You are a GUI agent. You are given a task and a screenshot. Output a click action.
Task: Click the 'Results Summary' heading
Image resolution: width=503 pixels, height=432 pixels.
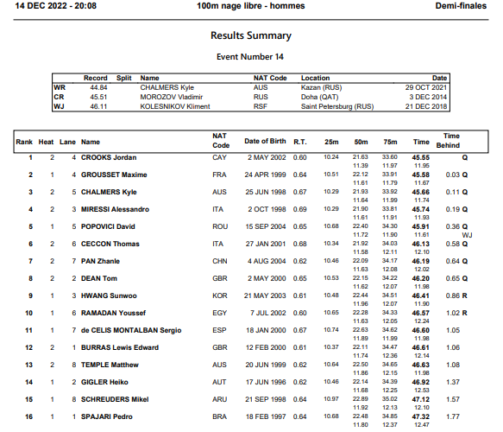pyautogui.click(x=251, y=36)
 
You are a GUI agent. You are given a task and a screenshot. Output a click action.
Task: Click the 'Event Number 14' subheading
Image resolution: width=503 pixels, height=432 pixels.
pyautogui.click(x=250, y=57)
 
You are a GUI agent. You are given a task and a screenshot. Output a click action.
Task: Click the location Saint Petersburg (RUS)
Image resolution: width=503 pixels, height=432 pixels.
pyautogui.click(x=337, y=106)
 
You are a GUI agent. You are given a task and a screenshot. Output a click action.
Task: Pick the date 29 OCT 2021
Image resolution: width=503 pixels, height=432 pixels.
pyautogui.click(x=427, y=87)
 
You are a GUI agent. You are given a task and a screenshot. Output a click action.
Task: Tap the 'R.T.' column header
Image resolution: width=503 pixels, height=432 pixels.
pyautogui.click(x=300, y=141)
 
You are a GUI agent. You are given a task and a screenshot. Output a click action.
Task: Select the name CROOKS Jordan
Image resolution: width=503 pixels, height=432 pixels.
pyautogui.click(x=109, y=157)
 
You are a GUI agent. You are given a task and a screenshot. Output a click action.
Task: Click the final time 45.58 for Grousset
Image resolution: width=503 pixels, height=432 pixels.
pyautogui.click(x=421, y=175)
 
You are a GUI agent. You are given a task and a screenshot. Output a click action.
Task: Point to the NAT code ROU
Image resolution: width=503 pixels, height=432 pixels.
pyautogui.click(x=219, y=226)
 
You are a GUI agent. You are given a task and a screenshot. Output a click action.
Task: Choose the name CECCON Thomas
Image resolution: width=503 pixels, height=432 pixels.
pyautogui.click(x=110, y=244)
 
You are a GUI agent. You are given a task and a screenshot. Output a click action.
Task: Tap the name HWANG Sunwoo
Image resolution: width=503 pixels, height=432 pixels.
pyautogui.click(x=110, y=295)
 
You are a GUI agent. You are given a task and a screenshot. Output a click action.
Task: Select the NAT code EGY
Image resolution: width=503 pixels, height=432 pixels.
pyautogui.click(x=219, y=313)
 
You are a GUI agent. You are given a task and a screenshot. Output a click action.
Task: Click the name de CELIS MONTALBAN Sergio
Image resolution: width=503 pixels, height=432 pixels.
pyautogui.click(x=130, y=330)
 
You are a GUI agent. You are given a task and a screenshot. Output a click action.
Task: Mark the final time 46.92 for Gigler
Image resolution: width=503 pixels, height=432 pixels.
pyautogui.click(x=421, y=382)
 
